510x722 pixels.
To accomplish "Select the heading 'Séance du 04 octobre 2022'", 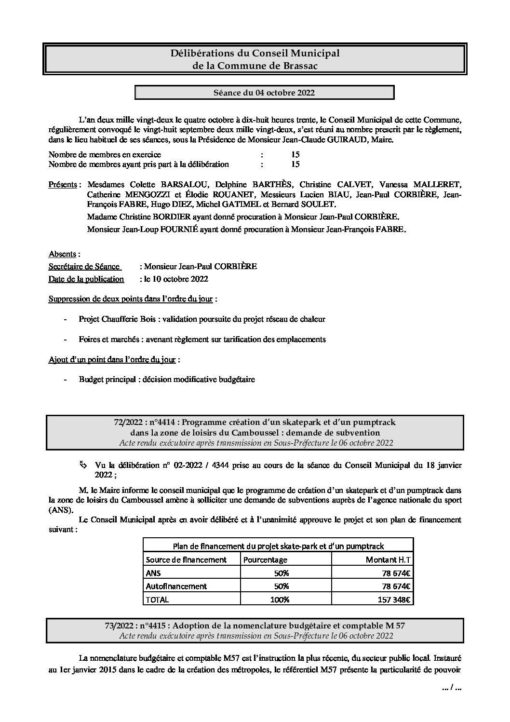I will (x=264, y=93).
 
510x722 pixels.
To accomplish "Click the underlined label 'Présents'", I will (x=63, y=185).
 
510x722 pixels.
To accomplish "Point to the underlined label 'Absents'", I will (x=63, y=254).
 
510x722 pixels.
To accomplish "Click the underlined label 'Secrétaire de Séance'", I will (x=84, y=266).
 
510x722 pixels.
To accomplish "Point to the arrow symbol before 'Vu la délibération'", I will (x=83, y=465).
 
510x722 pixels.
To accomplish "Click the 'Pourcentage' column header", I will (x=265, y=559).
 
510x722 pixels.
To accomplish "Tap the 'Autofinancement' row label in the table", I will (x=176, y=586).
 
